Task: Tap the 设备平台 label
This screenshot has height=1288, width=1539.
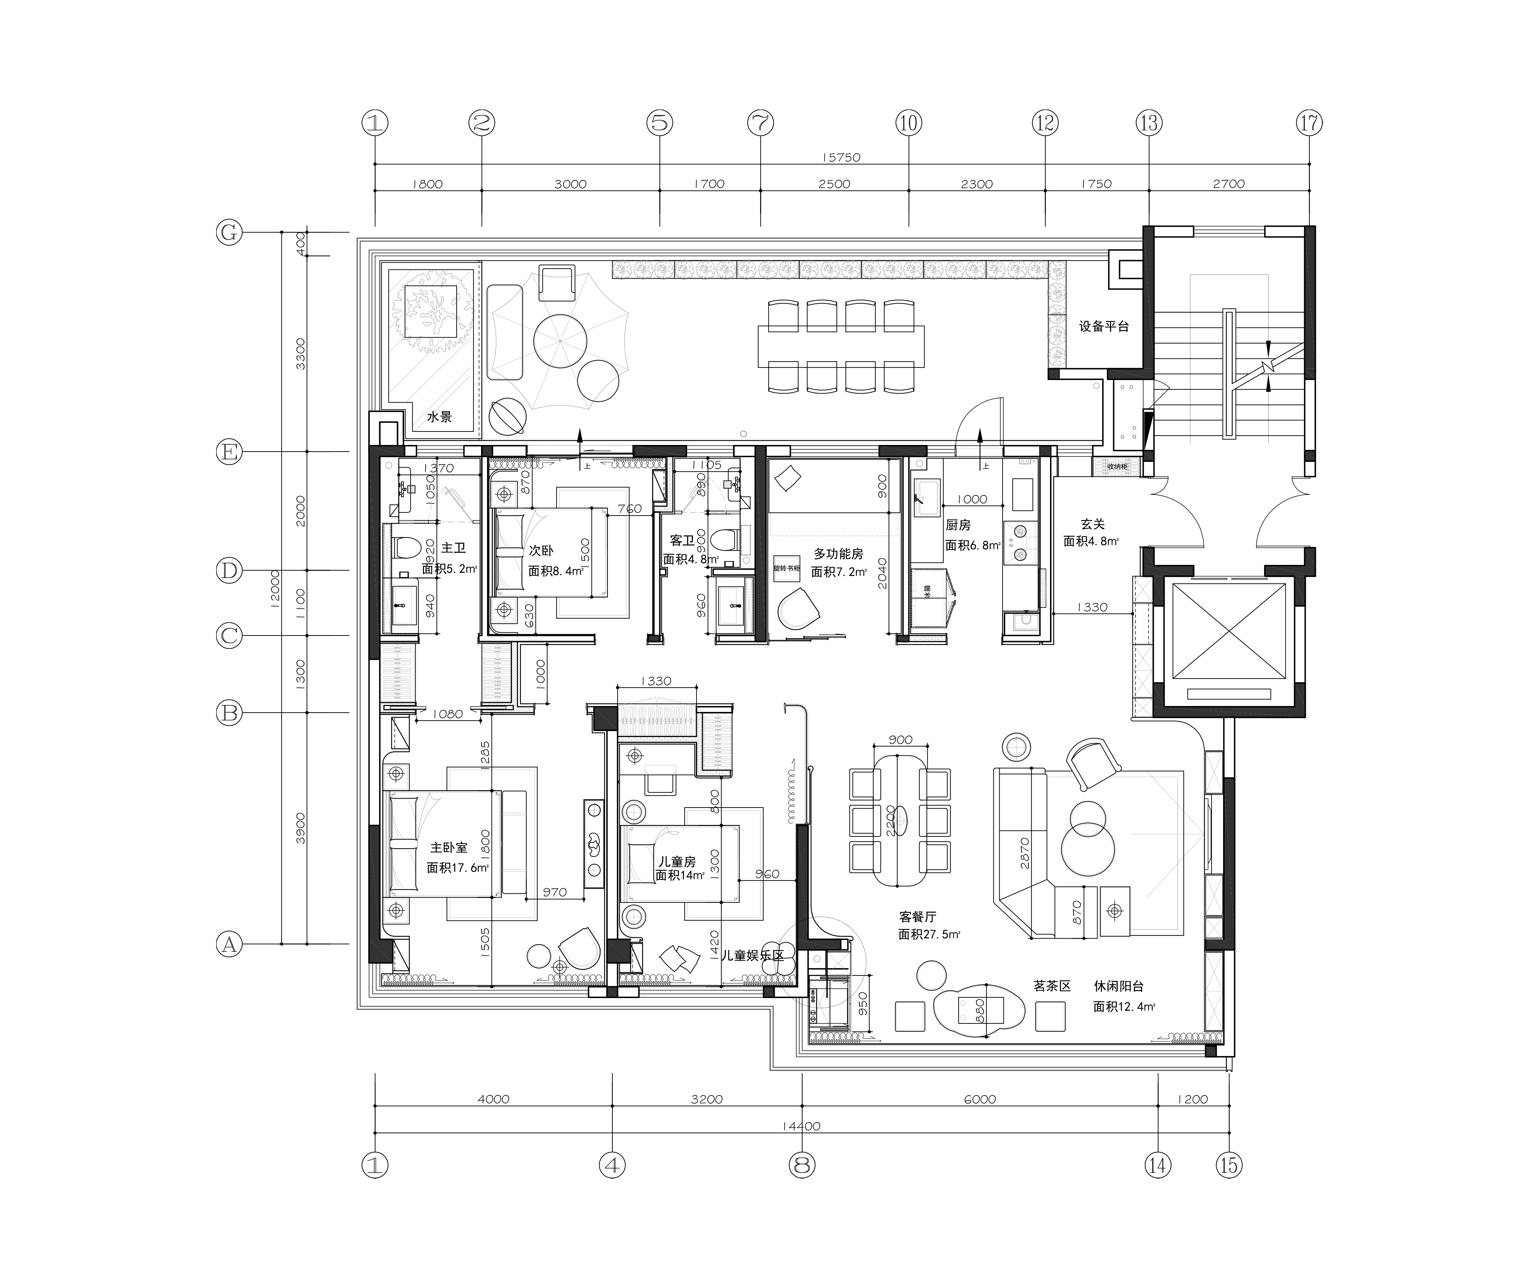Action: (1104, 326)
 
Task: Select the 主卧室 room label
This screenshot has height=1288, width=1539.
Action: (448, 848)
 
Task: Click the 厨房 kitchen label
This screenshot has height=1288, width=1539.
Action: (958, 525)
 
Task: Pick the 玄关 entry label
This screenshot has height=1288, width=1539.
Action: (1092, 524)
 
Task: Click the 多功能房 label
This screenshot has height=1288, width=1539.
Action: (838, 554)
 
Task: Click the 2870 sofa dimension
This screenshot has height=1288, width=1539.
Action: (1025, 853)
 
